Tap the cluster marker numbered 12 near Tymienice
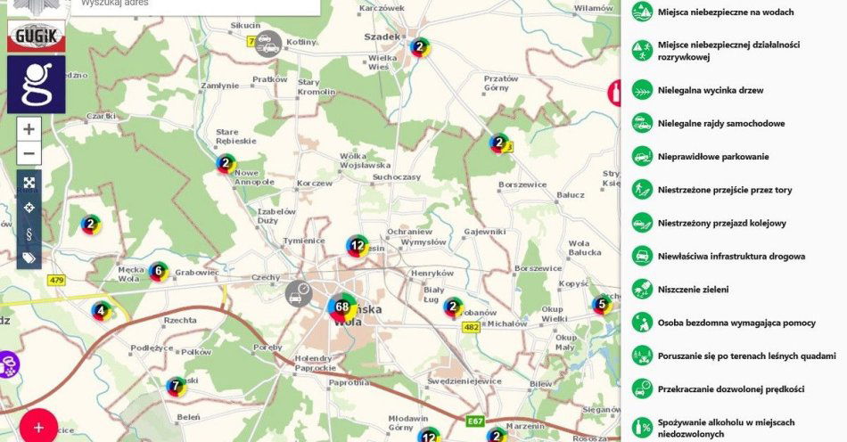coord(358,245)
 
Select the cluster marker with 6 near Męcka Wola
coord(158,271)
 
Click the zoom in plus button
coord(29,129)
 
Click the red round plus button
coord(38,426)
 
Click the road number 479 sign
coord(57,280)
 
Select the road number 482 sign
coord(471,327)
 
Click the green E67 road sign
coord(474,420)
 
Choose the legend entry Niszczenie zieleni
coord(693,289)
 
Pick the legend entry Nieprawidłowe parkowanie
coord(712,157)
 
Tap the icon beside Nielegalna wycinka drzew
coord(641,90)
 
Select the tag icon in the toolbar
coord(29,258)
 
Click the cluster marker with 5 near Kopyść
coord(602,305)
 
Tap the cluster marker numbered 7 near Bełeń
coord(177,386)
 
